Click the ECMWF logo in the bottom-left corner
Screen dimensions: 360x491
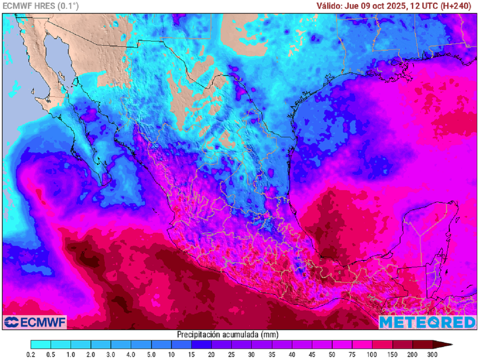[35, 321]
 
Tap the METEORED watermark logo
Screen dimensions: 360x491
[428, 322]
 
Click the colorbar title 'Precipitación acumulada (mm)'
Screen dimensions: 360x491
[227, 334]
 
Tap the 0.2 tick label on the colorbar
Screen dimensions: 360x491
[31, 355]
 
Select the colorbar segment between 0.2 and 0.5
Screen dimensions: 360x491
[41, 344]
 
